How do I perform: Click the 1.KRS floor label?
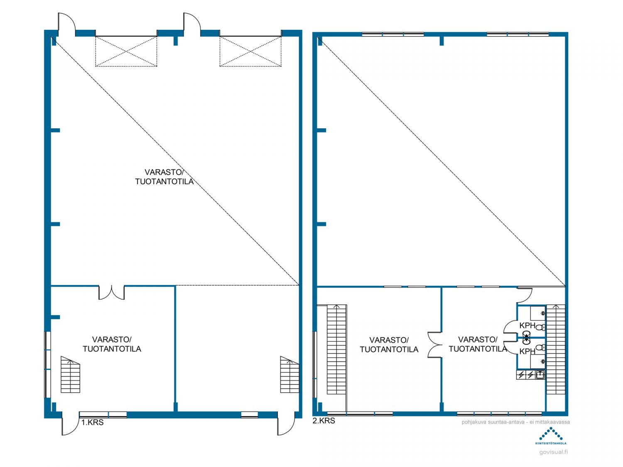coord(92,422)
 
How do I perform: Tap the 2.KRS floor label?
coord(324,421)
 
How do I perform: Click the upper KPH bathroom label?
coord(527,325)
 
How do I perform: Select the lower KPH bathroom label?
coord(527,351)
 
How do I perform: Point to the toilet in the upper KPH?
coord(540,327)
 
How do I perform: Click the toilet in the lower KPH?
coord(540,347)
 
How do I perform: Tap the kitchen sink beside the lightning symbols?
coord(540,375)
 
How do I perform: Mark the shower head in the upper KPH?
coord(543,313)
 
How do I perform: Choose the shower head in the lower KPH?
coord(543,362)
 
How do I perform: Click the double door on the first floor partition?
coord(112,293)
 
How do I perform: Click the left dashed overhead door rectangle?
coord(126,51)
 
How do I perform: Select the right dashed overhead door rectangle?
coord(250,51)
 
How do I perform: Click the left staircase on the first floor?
coord(70,374)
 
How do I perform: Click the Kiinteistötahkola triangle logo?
coord(551,434)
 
